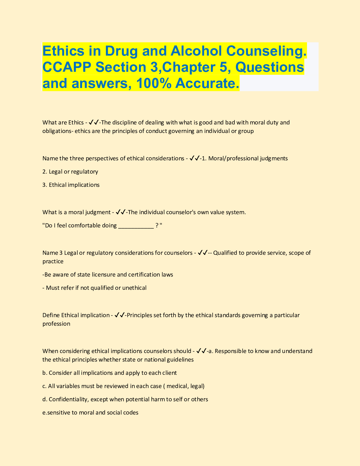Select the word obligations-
click(x=58, y=131)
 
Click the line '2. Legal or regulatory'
click(x=70, y=172)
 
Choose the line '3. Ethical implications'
click(x=71, y=185)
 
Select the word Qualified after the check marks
click(x=225, y=253)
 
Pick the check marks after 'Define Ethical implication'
click(x=120, y=315)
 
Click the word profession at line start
click(x=56, y=324)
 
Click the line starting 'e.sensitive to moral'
click(x=90, y=412)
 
